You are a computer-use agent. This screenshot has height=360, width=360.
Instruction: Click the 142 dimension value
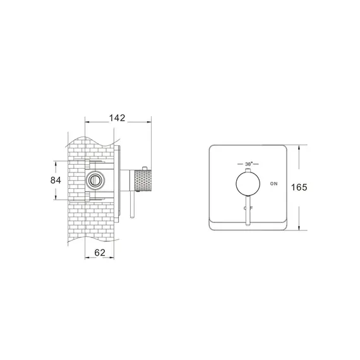pos(117,117)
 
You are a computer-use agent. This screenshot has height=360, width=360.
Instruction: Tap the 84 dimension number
pos(56,180)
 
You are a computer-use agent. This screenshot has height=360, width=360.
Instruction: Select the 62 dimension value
pos(100,253)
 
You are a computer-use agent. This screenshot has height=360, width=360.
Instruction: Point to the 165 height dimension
pos(299,188)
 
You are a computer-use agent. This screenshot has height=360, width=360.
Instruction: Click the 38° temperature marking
pos(248,164)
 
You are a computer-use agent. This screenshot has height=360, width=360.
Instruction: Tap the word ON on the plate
pos(273,184)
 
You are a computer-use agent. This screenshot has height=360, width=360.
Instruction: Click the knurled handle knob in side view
pos(143,181)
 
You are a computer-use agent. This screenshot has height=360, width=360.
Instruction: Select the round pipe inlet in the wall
pos(94,180)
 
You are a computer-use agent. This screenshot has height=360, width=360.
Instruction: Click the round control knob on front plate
pos(248,183)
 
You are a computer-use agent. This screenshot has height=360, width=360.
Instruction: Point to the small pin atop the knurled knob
pos(145,168)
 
